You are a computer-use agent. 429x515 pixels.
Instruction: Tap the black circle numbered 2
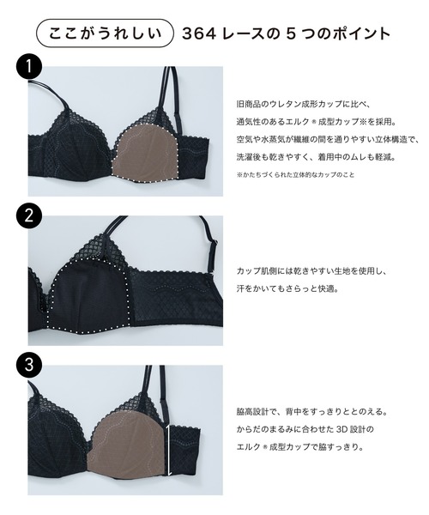coord(30,216)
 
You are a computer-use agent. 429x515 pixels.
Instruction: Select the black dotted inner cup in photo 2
coord(90,292)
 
